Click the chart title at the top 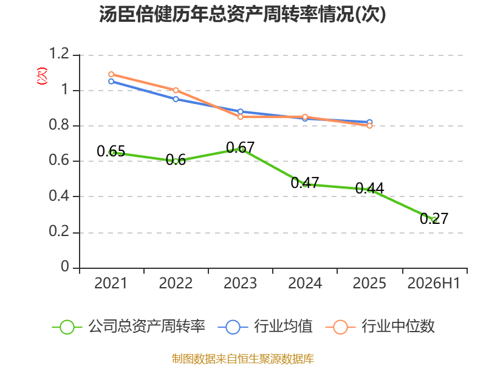(x=242, y=14)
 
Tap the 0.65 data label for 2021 (x=111, y=151)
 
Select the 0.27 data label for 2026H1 (x=434, y=218)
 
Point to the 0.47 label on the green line (x=305, y=182)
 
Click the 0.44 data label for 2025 (x=369, y=188)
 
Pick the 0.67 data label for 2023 (x=240, y=147)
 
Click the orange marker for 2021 (x=111, y=74)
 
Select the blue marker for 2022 (x=176, y=99)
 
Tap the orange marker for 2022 (x=176, y=90)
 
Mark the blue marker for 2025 (x=369, y=122)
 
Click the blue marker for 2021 (x=111, y=82)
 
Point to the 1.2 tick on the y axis (x=59, y=54)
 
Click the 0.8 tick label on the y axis (x=59, y=125)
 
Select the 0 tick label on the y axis (x=65, y=266)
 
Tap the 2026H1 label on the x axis (x=434, y=283)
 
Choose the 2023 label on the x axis (x=240, y=283)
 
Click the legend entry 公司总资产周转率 (x=128, y=327)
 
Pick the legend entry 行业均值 (x=265, y=327)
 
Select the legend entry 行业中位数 (x=380, y=327)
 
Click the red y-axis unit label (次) (x=42, y=76)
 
